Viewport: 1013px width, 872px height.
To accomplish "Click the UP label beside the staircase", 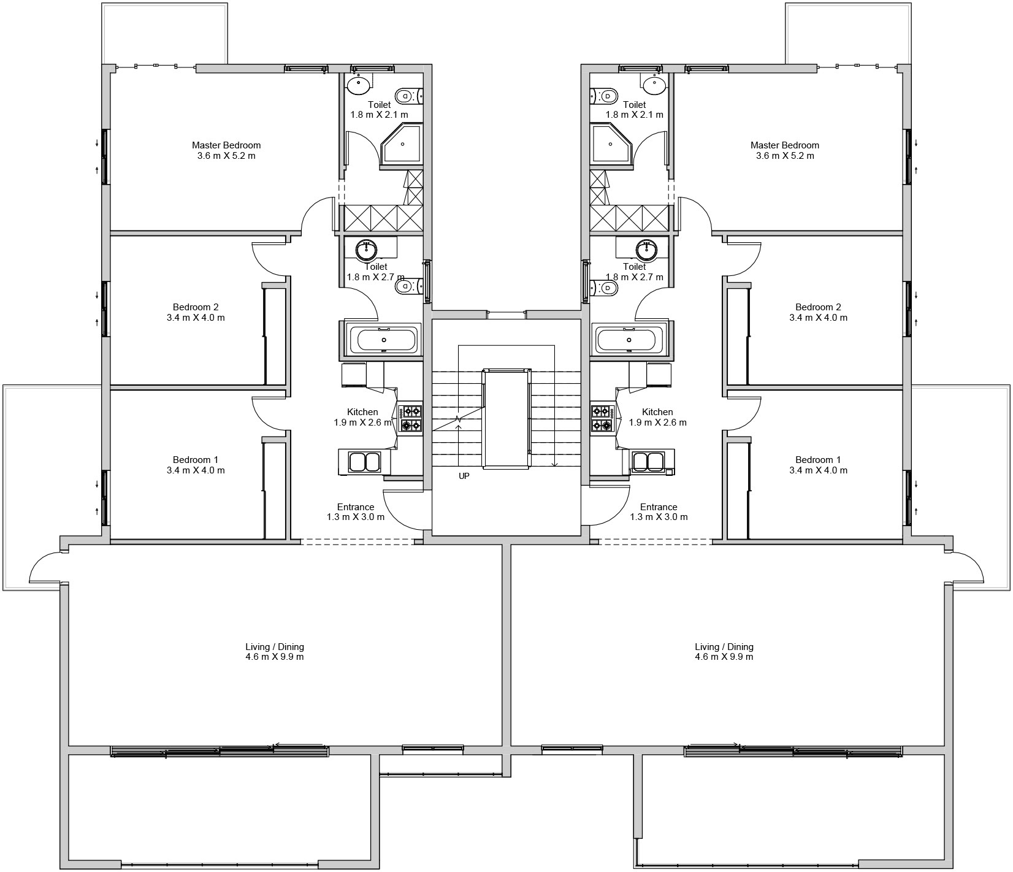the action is pos(464,476).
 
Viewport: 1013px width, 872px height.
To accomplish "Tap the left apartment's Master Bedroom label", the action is pos(226,145).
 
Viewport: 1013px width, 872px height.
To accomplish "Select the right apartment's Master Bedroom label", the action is pos(785,145).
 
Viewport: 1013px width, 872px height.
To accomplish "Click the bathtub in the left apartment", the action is pos(384,340).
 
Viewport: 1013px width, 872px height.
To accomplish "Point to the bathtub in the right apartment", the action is pos(629,340).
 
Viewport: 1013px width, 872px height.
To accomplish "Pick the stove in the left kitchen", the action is pos(410,418).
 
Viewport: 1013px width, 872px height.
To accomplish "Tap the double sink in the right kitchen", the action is pos(649,462).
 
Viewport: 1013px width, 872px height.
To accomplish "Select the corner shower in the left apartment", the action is pos(402,145).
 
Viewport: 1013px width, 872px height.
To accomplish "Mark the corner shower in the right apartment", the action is pos(611,145).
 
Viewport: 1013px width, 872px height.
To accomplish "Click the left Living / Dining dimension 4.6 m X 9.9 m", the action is pos(275,657).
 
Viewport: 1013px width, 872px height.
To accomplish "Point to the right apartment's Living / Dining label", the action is pos(724,647).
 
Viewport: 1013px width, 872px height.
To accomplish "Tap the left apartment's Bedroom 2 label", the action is pos(196,307).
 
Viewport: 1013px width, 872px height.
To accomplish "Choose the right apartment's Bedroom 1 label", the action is pos(818,460).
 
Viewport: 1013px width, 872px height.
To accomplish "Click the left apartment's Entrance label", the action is pos(356,507).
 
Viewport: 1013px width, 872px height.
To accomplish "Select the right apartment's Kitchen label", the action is pos(657,412).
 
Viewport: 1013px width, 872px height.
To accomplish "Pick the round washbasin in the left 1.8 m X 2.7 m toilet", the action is pos(367,249).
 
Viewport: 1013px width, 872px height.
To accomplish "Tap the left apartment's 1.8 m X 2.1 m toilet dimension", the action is pos(379,115).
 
